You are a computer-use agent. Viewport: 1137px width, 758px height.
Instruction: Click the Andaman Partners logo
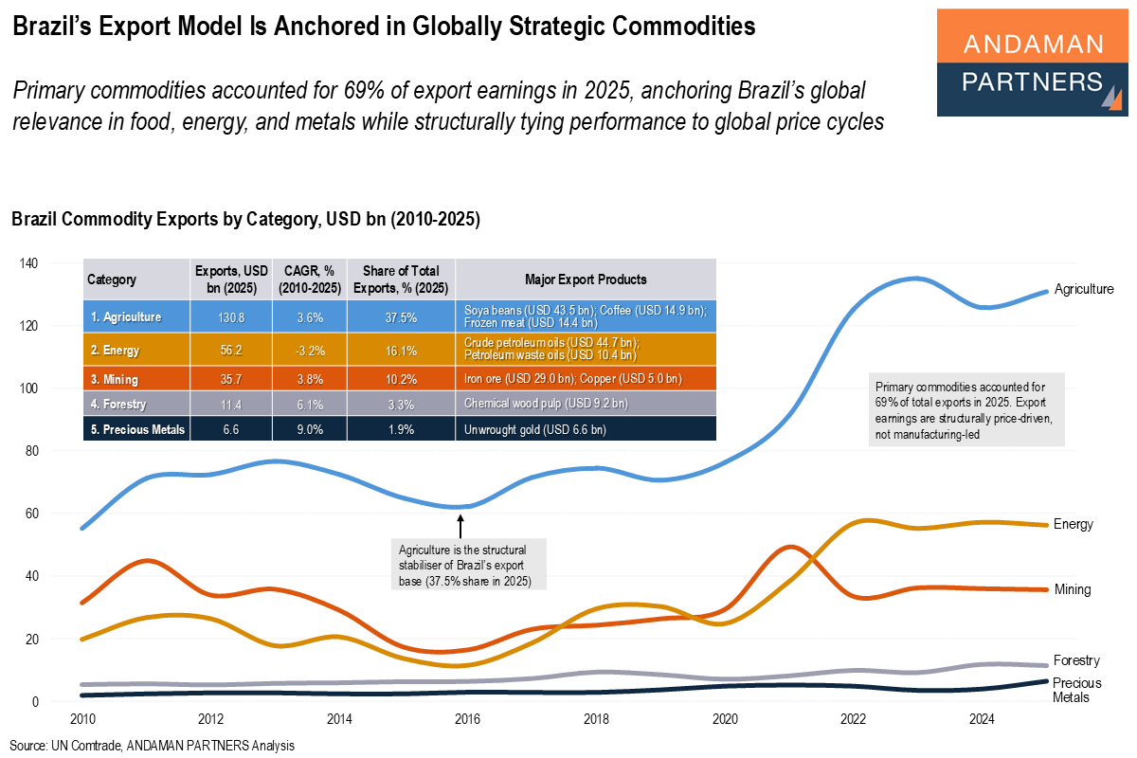[x=1032, y=63]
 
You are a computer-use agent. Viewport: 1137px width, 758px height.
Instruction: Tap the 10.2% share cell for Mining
[x=402, y=380]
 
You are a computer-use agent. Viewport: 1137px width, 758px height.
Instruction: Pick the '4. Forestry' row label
[x=118, y=403]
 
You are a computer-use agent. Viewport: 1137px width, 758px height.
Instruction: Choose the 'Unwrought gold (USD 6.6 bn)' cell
[x=535, y=430]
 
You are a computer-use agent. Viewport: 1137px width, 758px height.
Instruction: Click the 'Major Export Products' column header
[x=586, y=280]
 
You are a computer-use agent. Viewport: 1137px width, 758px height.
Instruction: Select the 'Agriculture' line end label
[x=1084, y=289]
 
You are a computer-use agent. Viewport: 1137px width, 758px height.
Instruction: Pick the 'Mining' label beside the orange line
[x=1072, y=589]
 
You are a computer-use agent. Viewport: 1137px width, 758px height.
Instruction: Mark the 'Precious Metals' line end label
[x=1075, y=690]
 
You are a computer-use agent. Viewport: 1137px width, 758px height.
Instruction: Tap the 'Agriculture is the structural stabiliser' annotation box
[x=471, y=565]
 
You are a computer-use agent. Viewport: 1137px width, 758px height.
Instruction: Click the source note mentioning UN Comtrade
[x=153, y=746]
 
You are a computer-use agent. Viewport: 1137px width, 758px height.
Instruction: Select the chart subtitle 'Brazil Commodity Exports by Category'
[x=245, y=220]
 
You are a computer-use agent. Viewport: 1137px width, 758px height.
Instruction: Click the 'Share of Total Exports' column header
[x=402, y=280]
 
